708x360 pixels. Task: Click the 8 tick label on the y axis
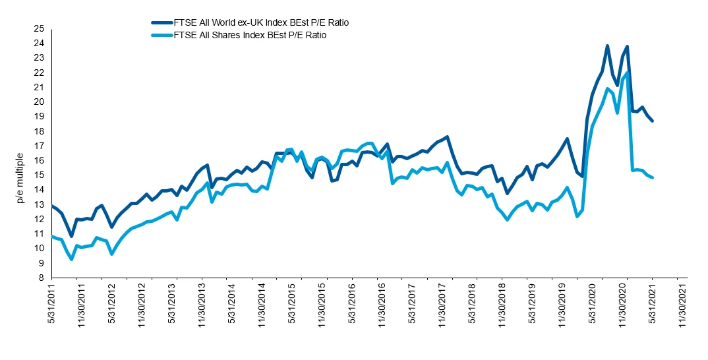point(42,278)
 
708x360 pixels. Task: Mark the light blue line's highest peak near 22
point(626,73)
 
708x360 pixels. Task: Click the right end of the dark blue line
point(653,121)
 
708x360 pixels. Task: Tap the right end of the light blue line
point(653,177)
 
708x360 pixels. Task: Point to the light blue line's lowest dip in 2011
point(71,259)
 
